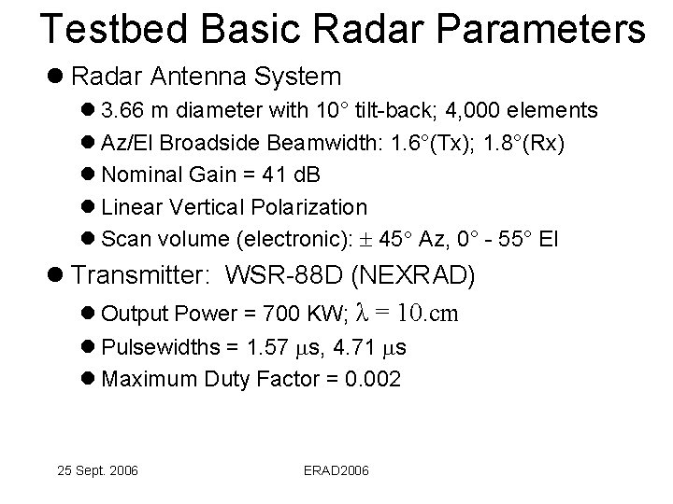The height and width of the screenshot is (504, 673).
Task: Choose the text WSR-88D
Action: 289,276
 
